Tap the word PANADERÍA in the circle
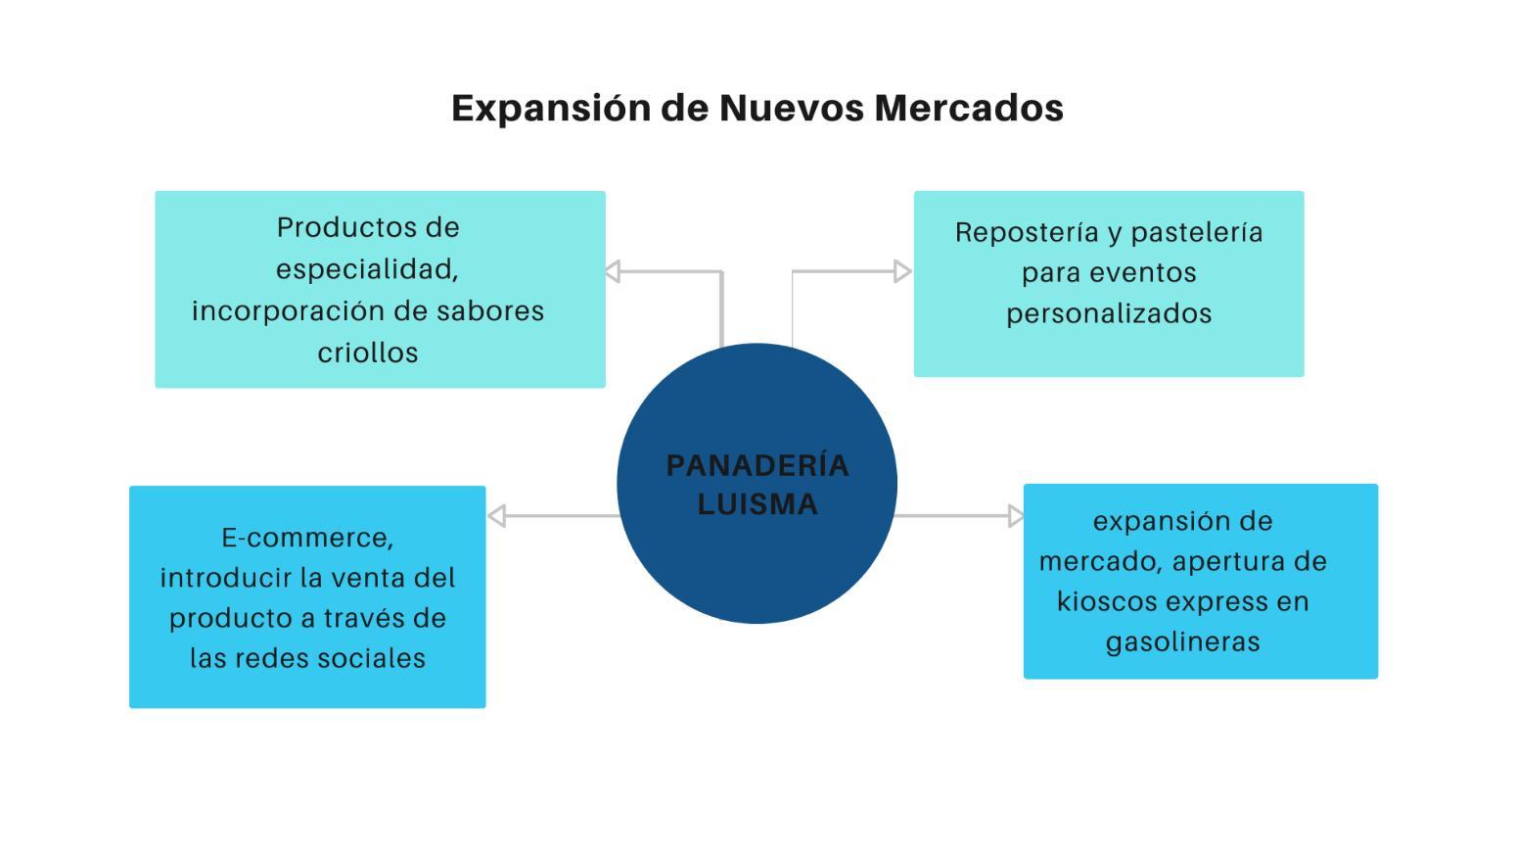tap(757, 465)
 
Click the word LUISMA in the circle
tap(757, 504)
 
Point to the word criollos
tap(368, 353)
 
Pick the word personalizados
tap(1109, 314)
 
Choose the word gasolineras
tap(1182, 642)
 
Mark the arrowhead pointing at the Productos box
tap(613, 271)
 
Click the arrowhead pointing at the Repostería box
tap(903, 271)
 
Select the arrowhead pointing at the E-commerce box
tap(496, 516)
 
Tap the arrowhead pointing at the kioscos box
tap(1016, 516)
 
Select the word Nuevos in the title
tap(792, 108)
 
